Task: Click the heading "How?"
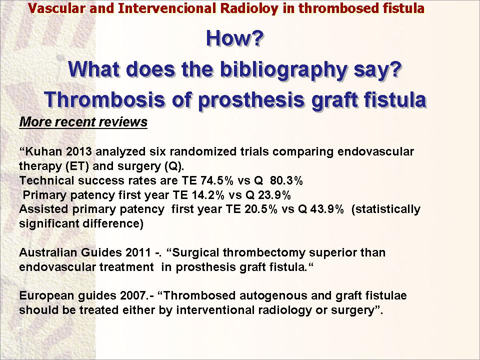(x=234, y=38)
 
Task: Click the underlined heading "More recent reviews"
(x=83, y=122)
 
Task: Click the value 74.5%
(x=216, y=180)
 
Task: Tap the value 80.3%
(x=286, y=180)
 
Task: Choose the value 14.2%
(x=208, y=194)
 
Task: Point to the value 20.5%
(x=261, y=209)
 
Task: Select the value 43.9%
(x=327, y=209)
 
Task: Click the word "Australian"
(x=48, y=252)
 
